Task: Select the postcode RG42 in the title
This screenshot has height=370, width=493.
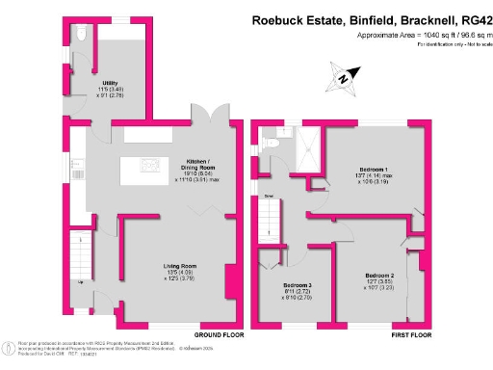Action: pyautogui.click(x=472, y=17)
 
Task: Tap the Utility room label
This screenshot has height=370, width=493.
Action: pyautogui.click(x=110, y=84)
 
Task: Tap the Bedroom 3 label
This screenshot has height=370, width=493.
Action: pyautogui.click(x=297, y=286)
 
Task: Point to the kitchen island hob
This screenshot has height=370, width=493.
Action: pyautogui.click(x=149, y=167)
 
